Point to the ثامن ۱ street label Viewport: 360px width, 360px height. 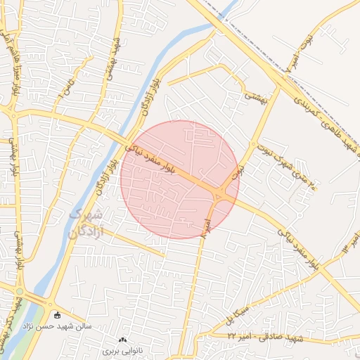(x=67, y=89)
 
